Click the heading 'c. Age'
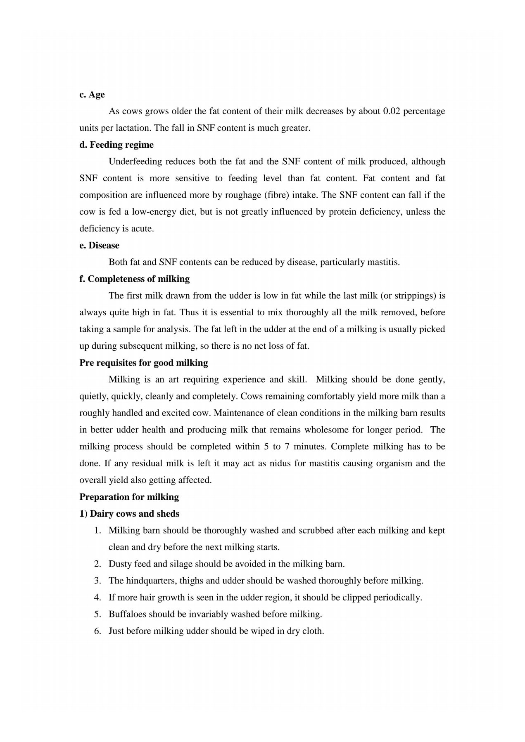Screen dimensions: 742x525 92,95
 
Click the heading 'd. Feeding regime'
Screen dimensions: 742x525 116,145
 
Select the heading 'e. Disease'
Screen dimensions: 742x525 99,246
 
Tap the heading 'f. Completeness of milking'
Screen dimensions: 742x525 134,279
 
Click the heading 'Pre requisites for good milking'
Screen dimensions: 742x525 143,363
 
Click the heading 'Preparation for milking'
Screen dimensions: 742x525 129,497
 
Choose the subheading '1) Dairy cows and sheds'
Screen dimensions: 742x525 129,514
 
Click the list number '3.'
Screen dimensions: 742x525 97,581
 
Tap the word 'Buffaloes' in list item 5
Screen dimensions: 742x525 127,614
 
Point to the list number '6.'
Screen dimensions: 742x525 97,631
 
